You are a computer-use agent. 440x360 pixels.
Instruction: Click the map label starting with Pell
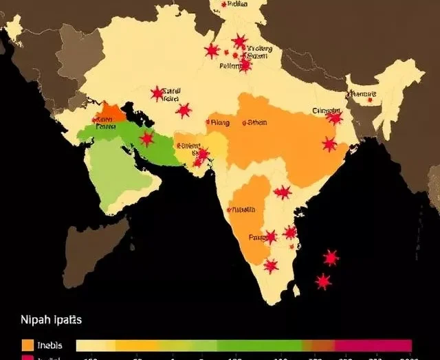point(230,67)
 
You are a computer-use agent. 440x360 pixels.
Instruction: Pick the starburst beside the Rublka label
point(224,4)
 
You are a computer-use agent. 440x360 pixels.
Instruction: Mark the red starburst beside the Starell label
point(157,93)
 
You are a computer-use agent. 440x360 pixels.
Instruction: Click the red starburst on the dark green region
point(146,139)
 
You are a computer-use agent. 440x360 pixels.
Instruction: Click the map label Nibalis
point(243,210)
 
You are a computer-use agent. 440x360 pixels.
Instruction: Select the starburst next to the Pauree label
point(271,237)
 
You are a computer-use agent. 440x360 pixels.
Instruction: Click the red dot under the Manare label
point(370,100)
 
